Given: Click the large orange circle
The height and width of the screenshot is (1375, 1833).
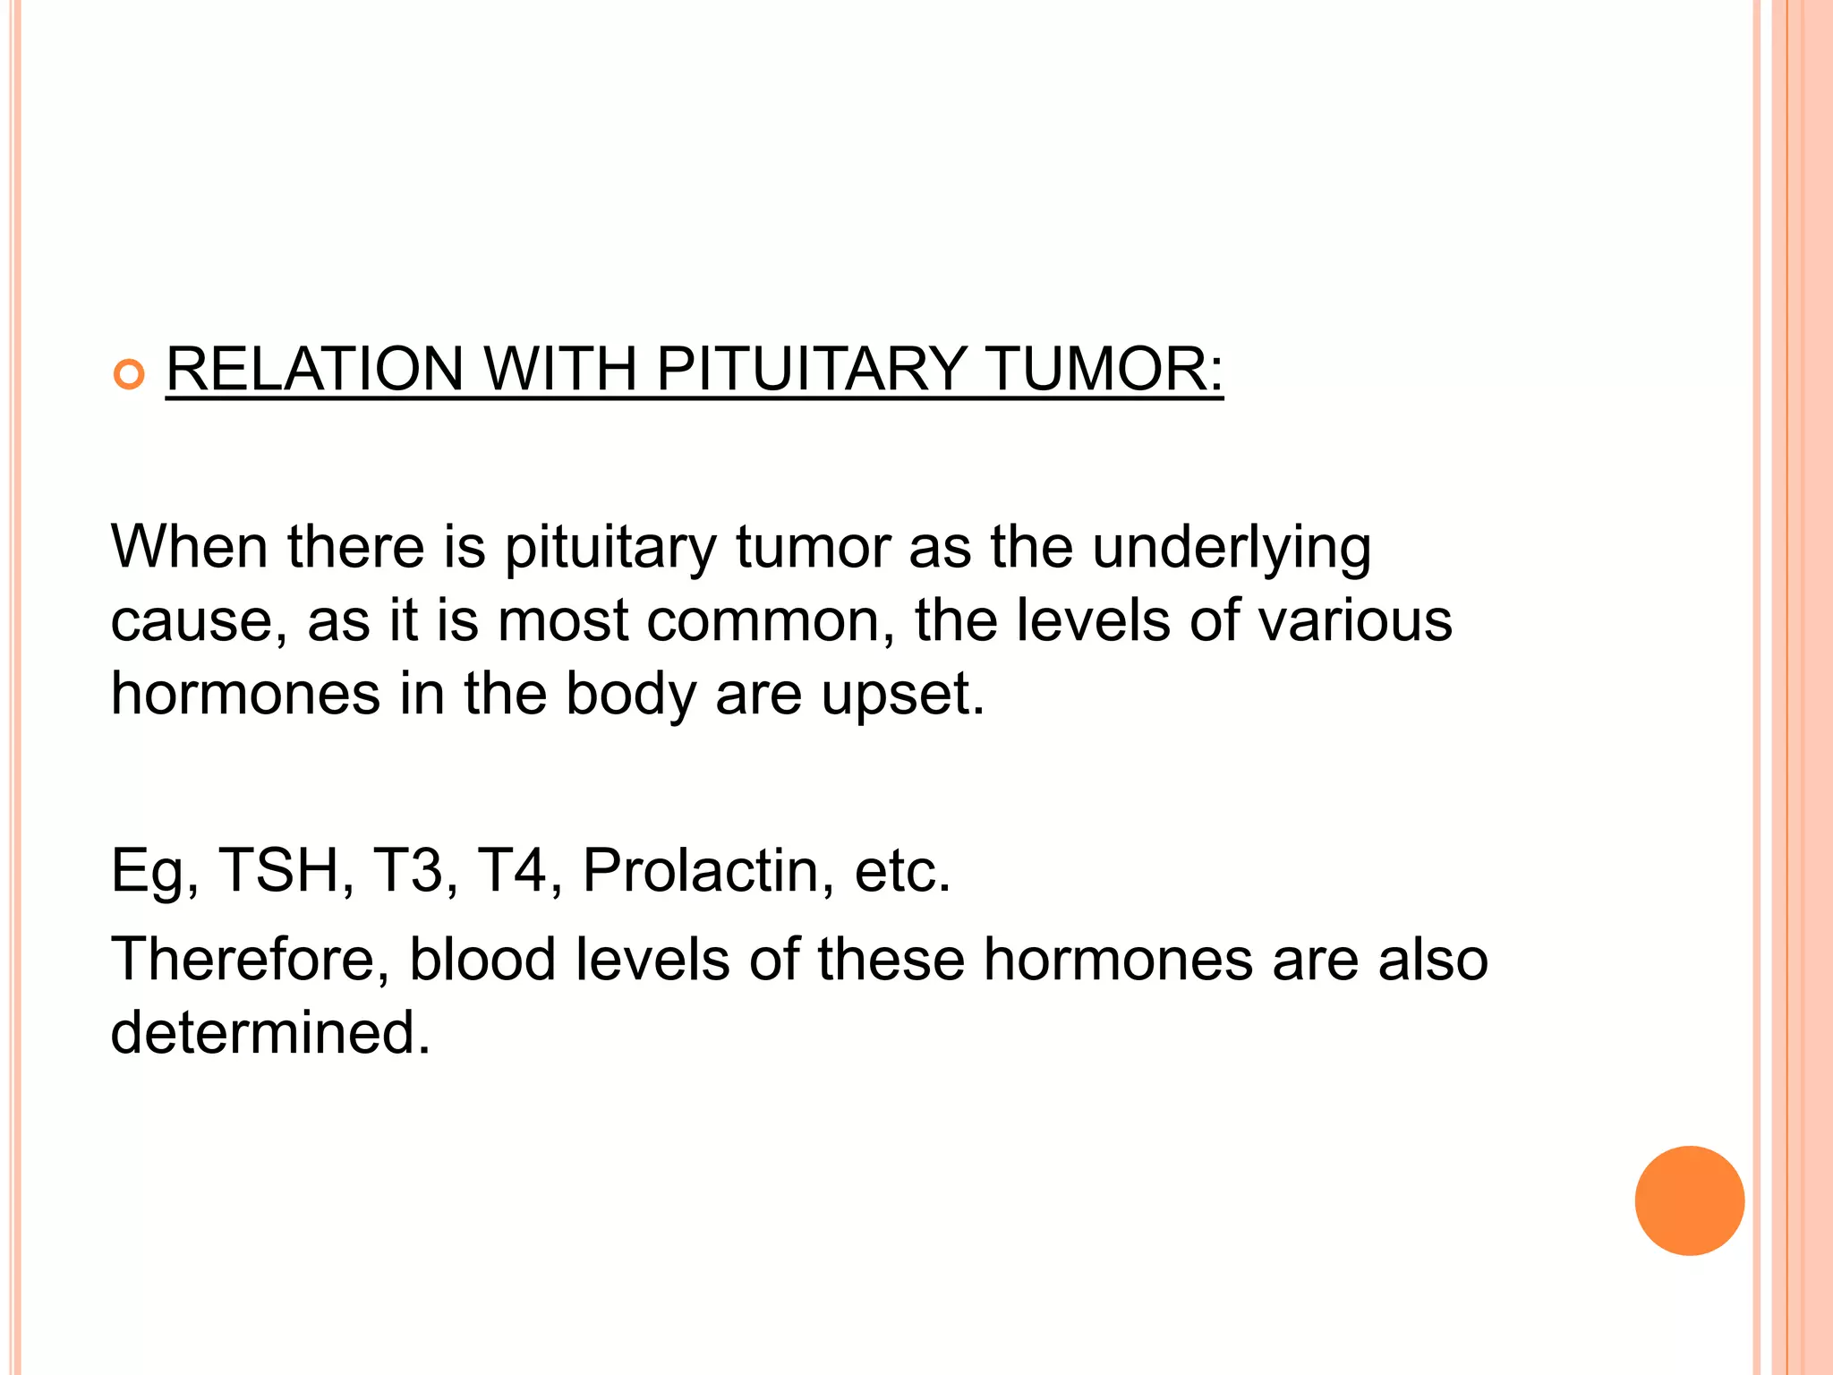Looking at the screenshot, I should tap(1689, 1200).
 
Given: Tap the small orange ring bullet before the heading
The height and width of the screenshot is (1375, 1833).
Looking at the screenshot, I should tap(130, 375).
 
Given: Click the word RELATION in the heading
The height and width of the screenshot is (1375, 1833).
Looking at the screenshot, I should tap(314, 369).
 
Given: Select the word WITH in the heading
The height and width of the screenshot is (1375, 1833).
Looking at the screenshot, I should tap(559, 369).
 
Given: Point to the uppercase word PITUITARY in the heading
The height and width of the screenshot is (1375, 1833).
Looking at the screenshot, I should tap(811, 369).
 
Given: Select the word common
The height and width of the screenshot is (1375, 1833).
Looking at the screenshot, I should tap(771, 621).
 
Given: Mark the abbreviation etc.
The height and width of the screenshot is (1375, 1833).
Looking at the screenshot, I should tap(901, 871).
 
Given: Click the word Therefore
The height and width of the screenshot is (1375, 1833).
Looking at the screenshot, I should tap(250, 960).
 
